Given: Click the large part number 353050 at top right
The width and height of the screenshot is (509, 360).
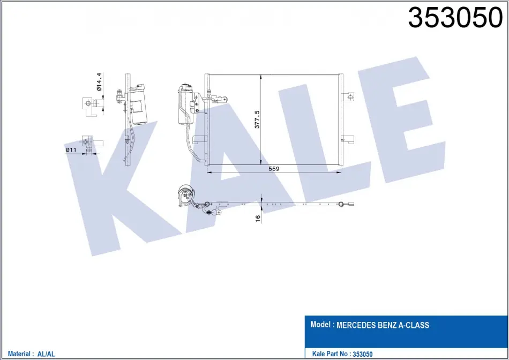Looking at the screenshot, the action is tap(455, 18).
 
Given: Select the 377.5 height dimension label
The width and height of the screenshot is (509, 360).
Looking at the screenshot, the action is tap(257, 119).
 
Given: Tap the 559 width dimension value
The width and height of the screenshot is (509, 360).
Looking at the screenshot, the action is tap(274, 168).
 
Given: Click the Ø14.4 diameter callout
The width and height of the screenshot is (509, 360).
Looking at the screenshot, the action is tap(99, 81).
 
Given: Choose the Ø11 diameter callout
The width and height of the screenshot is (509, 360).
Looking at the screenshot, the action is tap(71, 149).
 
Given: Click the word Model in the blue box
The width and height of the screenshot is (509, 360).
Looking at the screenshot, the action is tap(321, 324).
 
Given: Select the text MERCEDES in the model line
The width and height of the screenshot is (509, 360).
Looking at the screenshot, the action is tap(356, 325).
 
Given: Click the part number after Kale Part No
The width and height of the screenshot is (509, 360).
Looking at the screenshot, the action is tap(363, 354).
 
